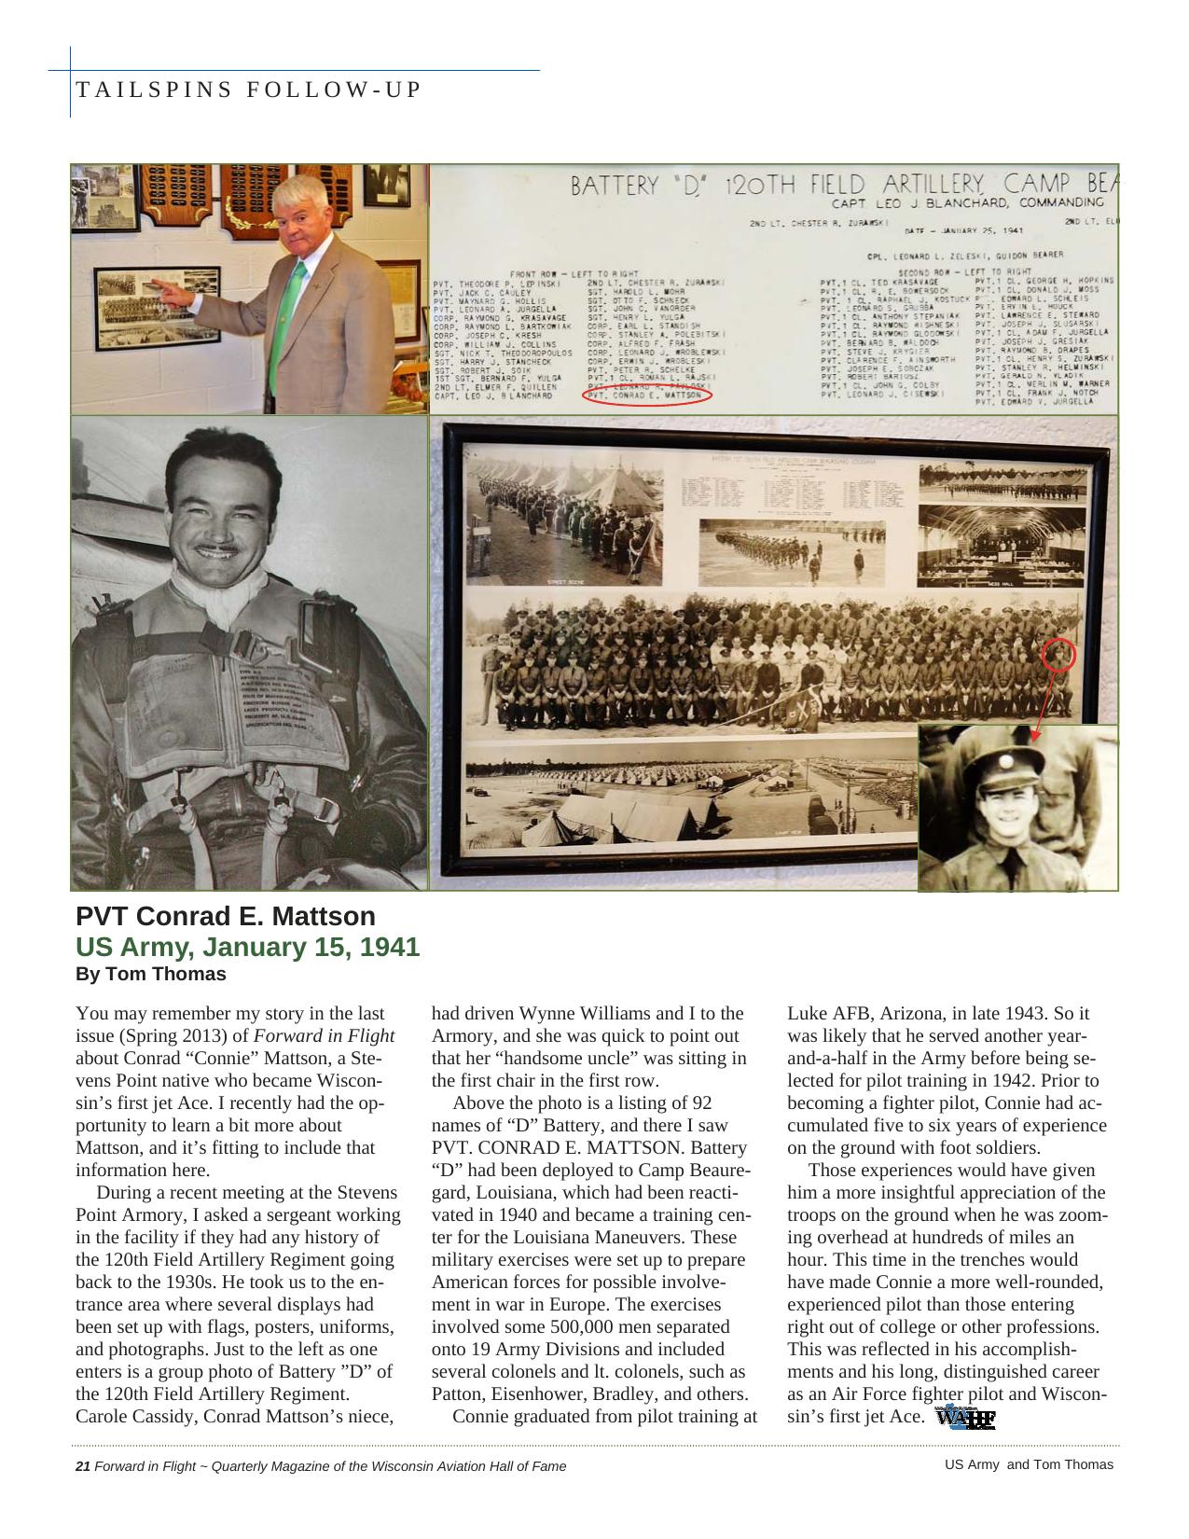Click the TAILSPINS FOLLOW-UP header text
(x=248, y=90)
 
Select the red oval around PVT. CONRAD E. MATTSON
(x=647, y=395)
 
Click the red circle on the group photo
(x=1058, y=655)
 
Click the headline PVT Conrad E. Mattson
(x=225, y=916)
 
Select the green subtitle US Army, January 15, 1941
(x=247, y=947)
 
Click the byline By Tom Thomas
(x=150, y=974)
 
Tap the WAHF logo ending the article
(x=965, y=1419)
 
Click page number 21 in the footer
(x=82, y=1466)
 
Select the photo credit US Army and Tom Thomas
(x=1029, y=1464)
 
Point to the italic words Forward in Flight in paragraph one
(x=324, y=1036)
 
